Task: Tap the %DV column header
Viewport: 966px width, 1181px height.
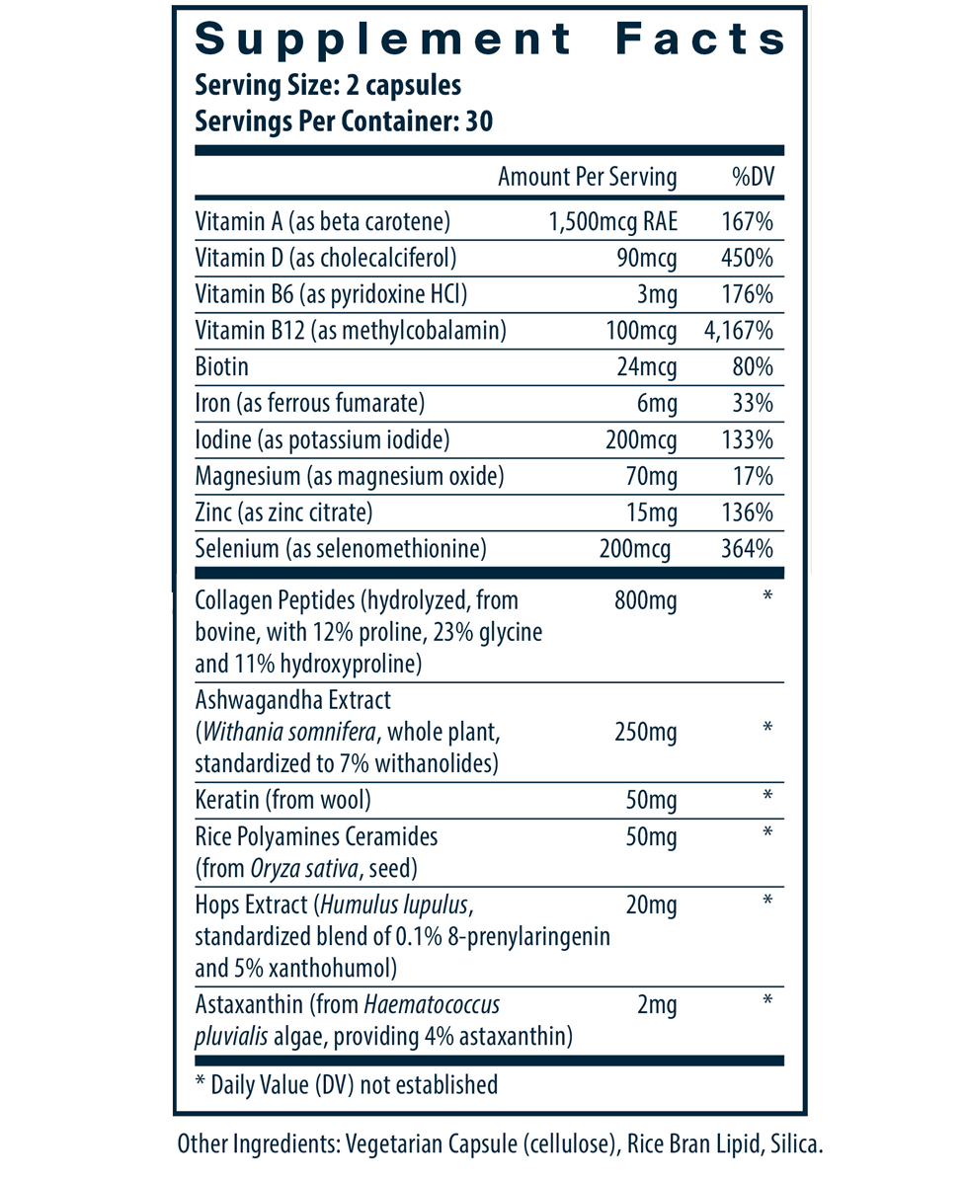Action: [752, 178]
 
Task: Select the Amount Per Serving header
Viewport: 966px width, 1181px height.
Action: [587, 178]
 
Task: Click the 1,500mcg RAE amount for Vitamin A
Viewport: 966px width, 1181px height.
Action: [612, 221]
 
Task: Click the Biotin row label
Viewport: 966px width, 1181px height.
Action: [221, 367]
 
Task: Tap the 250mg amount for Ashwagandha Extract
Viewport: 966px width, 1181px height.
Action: [645, 732]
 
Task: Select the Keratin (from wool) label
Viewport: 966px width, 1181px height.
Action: [283, 799]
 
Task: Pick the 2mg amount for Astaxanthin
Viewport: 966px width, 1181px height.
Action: [657, 1006]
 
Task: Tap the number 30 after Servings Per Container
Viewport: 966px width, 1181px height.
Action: [479, 122]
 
